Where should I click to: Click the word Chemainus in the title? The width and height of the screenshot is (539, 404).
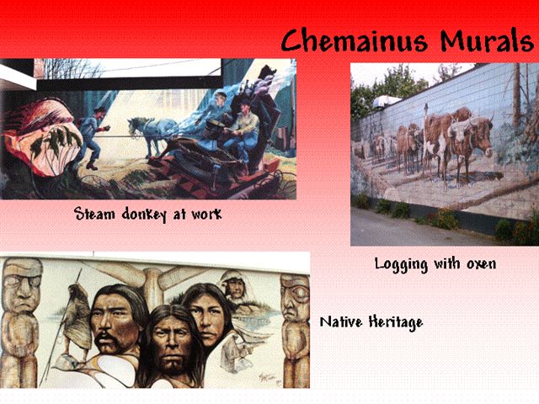[354, 40]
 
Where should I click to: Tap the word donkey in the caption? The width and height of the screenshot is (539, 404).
[144, 214]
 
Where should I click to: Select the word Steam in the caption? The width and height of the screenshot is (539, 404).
[94, 213]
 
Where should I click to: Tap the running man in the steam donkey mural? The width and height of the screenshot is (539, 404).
[91, 137]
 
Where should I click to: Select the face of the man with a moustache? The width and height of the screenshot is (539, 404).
[115, 322]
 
